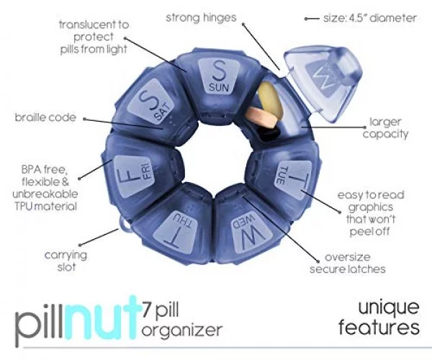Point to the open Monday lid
point(324,83)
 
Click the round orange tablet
point(262,117)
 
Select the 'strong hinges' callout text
point(201,17)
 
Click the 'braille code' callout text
point(45,117)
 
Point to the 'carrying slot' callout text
point(66,261)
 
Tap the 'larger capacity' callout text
point(385,128)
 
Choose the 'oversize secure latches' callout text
point(348,263)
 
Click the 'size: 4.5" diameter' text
point(370,18)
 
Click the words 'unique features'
point(379,318)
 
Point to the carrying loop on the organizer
point(125,224)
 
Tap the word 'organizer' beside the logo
point(182,330)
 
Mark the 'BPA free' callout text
point(44,169)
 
